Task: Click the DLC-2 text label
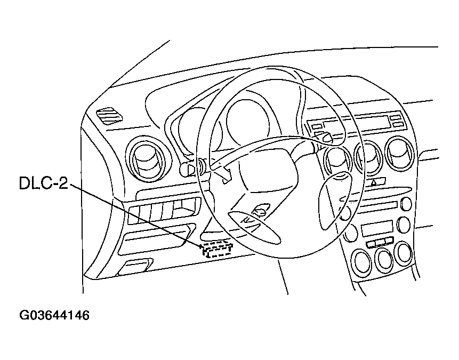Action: coord(42,183)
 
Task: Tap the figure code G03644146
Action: coord(54,315)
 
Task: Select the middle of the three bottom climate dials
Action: coord(382,260)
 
